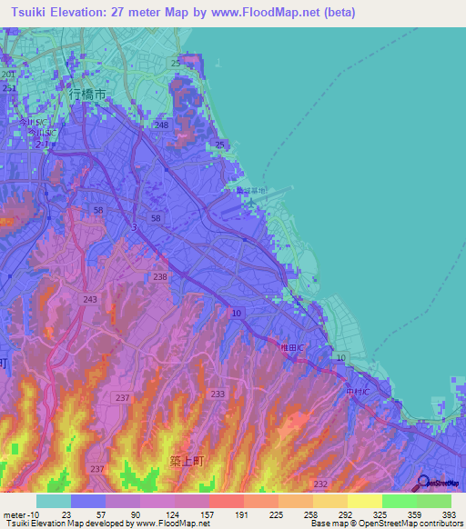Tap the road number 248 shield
tap(162, 125)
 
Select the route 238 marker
tap(160, 276)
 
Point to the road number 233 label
tap(218, 394)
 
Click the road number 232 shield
tap(320, 484)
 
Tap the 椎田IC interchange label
tap(290, 346)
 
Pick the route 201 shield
tap(8, 74)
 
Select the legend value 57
tap(105, 514)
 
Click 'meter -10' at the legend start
tap(19, 514)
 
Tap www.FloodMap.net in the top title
tap(280, 12)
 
